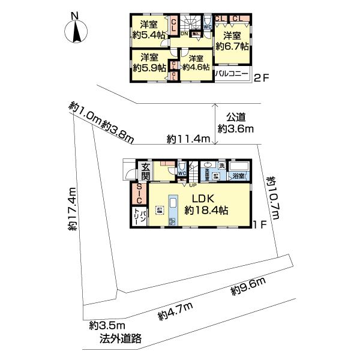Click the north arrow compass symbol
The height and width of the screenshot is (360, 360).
tap(76, 30)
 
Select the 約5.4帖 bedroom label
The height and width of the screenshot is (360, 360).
tap(149, 30)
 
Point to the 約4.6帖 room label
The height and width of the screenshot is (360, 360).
tap(194, 63)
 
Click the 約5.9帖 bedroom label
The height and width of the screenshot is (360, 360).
tap(149, 63)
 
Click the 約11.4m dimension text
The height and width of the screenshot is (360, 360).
tap(188, 139)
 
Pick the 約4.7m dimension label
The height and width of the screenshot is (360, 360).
tap(175, 310)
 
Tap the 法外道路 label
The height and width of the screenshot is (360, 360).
tap(121, 338)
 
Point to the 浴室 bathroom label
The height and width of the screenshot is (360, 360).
tap(239, 176)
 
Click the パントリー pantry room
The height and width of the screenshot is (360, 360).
tap(136, 217)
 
